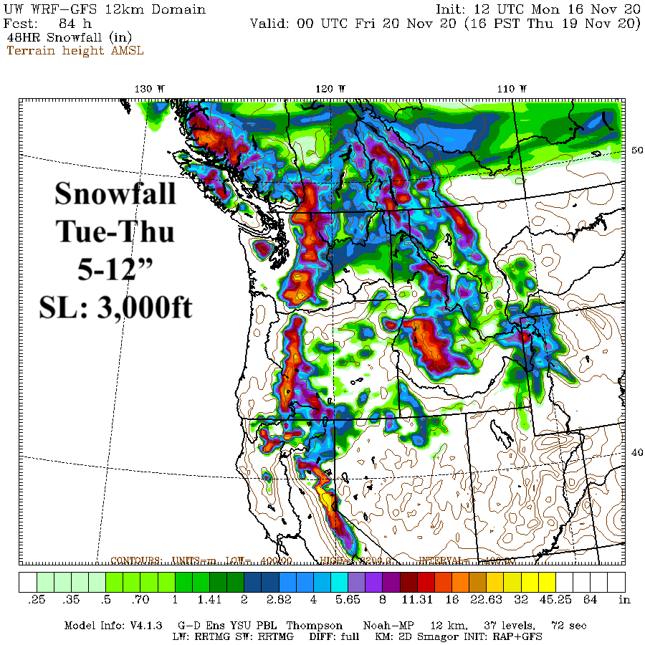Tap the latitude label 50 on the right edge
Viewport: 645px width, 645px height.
635,150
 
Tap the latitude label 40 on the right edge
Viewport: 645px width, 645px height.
635,451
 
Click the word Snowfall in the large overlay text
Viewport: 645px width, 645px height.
115,193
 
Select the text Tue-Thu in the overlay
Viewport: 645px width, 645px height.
115,231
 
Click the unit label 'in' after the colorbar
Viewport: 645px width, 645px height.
624,599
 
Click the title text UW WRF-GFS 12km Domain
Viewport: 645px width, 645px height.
105,9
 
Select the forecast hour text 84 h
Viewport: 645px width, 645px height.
75,23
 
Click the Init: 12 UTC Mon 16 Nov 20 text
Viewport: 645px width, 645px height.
538,9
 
